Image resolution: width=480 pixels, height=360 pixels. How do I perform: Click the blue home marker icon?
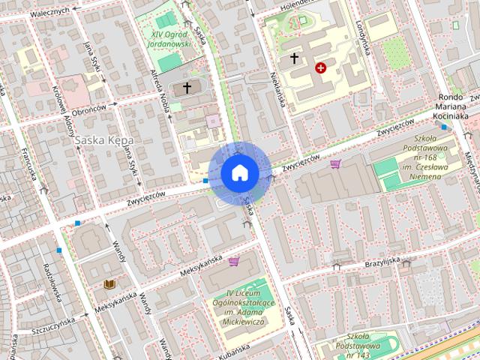click(239, 172)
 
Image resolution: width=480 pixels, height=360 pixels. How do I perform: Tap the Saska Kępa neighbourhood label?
click(105, 140)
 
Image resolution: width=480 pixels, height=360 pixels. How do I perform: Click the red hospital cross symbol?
click(321, 67)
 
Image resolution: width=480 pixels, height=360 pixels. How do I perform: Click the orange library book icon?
click(109, 284)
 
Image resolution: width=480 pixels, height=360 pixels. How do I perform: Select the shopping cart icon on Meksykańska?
click(234, 262)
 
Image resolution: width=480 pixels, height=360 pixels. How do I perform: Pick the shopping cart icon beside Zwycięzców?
click(335, 163)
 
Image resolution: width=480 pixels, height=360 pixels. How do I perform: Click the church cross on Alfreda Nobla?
click(187, 88)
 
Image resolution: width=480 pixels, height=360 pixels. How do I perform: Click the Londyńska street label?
click(364, 38)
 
